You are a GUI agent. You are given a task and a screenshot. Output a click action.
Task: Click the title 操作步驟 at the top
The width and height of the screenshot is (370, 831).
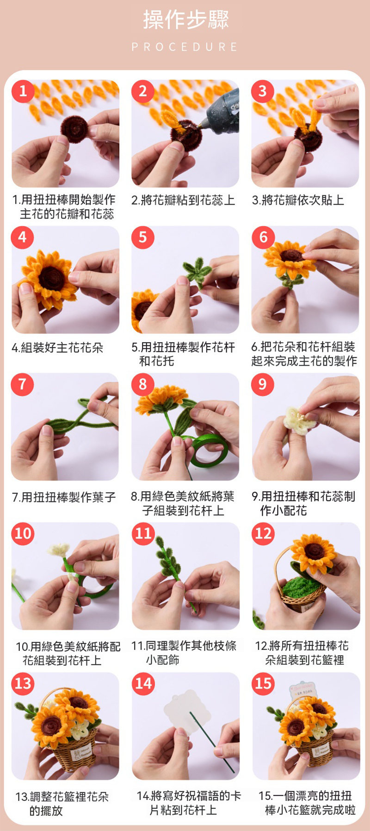pyautogui.click(x=186, y=19)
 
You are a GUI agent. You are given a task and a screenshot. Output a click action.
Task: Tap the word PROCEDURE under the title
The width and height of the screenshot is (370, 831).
pyautogui.click(x=185, y=47)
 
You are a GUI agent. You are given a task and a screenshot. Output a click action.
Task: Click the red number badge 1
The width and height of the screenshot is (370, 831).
pyautogui.click(x=23, y=91)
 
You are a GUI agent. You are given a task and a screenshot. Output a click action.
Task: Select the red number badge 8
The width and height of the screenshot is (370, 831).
pyautogui.click(x=143, y=384)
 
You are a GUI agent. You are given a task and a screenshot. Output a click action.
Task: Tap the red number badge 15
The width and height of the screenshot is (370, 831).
pyautogui.click(x=263, y=683)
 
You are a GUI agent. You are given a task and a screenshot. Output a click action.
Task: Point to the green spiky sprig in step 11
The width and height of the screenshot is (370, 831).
pyautogui.click(x=169, y=560)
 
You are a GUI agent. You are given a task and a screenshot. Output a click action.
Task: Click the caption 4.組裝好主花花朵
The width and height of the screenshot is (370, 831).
pyautogui.click(x=58, y=347)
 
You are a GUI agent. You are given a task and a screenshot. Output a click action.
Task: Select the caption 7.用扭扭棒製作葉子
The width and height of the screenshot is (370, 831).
pyautogui.click(x=63, y=497)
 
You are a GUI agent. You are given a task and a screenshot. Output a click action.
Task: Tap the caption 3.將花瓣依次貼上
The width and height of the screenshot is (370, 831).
pyautogui.click(x=298, y=200)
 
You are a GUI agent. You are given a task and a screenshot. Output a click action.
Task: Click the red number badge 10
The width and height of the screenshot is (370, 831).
pyautogui.click(x=23, y=533)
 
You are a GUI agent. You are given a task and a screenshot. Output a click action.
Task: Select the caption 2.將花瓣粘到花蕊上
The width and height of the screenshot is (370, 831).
pyautogui.click(x=183, y=200)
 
